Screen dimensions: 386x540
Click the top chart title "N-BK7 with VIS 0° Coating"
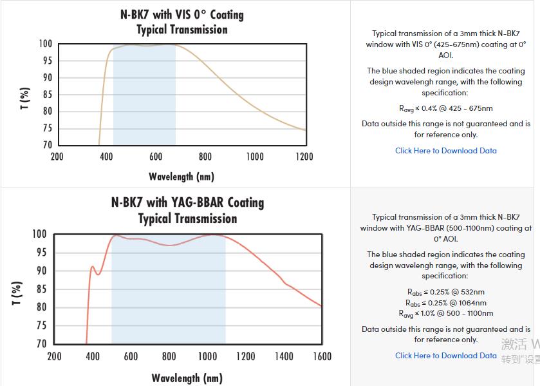[182, 14]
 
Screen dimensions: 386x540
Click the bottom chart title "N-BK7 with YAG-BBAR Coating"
[187, 202]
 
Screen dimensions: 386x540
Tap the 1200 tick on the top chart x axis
[304, 157]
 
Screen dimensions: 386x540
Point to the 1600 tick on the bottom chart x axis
[322, 356]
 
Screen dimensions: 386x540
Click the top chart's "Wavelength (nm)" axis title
[182, 176]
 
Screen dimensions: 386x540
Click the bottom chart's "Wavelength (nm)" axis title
[187, 378]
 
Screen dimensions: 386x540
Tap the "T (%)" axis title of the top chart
[25, 98]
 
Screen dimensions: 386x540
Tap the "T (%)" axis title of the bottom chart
[17, 293]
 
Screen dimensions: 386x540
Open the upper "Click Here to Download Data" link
[445, 151]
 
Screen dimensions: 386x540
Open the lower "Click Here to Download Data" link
[445, 355]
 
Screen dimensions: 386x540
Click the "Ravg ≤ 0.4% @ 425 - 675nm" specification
[445, 109]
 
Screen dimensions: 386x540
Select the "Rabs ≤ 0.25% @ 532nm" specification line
[445, 292]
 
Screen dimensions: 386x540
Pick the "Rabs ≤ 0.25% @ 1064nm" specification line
[445, 303]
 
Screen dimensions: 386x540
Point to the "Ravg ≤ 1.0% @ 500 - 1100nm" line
[445, 314]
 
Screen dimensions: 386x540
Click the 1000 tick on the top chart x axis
[254, 157]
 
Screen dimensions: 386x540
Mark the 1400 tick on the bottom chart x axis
[284, 356]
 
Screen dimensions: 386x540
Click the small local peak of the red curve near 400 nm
[92, 266]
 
